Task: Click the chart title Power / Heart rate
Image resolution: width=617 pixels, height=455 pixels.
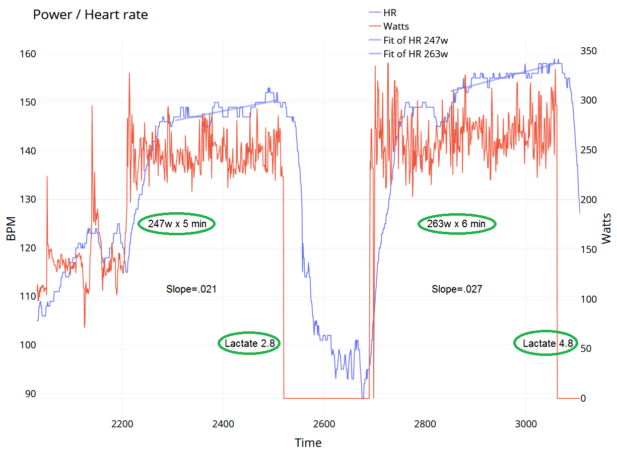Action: (x=90, y=15)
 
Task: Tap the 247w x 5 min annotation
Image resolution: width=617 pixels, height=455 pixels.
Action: (x=177, y=224)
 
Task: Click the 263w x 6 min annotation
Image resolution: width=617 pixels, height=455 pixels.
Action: (x=456, y=224)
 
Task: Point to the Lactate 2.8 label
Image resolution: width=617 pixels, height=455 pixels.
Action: (x=249, y=343)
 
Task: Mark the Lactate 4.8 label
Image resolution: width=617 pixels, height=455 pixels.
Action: (x=547, y=343)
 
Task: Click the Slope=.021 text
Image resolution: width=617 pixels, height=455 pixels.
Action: (x=191, y=289)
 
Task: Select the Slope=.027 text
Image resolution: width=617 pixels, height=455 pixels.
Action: (x=456, y=289)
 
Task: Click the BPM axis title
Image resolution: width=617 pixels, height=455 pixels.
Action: (x=11, y=228)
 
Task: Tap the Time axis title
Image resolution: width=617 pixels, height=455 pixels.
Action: (x=308, y=443)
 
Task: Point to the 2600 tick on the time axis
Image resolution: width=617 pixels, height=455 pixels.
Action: (x=324, y=424)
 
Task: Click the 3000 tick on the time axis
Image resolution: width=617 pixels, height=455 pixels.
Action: (x=526, y=424)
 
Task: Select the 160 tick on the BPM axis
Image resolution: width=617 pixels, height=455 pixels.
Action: (x=28, y=54)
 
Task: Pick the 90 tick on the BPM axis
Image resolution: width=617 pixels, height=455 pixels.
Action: (x=31, y=394)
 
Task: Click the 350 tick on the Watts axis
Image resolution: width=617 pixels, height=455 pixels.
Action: (x=588, y=51)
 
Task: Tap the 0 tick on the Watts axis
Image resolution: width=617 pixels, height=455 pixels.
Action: (x=583, y=398)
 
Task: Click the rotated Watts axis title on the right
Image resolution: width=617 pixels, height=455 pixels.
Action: (x=606, y=228)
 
